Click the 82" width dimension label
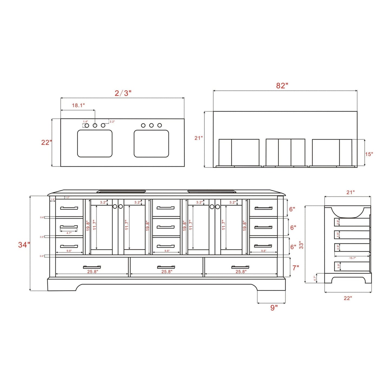(x=282, y=86)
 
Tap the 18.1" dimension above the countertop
(x=78, y=106)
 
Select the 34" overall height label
(x=24, y=245)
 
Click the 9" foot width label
(x=274, y=308)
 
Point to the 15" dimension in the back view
(x=369, y=154)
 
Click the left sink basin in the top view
(x=95, y=143)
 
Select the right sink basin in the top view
(x=151, y=143)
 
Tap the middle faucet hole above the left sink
(x=95, y=126)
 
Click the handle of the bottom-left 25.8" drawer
(x=92, y=267)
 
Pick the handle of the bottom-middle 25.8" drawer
(x=166, y=267)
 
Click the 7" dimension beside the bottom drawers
(x=295, y=268)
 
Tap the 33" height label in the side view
(x=301, y=245)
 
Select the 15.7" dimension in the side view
(x=352, y=258)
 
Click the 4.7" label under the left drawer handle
(x=69, y=233)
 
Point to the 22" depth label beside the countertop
(x=46, y=142)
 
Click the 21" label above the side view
(x=350, y=192)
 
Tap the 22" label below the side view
(x=348, y=298)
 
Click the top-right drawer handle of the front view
(x=263, y=208)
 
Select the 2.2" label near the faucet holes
(x=112, y=122)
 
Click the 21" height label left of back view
(x=198, y=138)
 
